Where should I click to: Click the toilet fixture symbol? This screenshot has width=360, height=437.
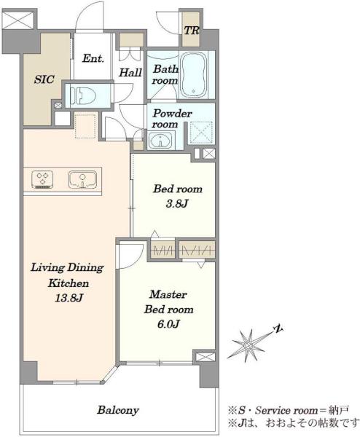coord(83,95)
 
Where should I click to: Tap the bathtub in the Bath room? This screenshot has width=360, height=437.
coord(194,75)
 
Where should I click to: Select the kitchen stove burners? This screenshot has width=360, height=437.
coord(43,179)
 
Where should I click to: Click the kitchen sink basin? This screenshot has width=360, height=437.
coord(82,179)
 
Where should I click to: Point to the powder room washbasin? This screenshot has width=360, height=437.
coord(160,140)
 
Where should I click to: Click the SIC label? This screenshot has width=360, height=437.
coord(44,79)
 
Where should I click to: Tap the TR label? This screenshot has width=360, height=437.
coord(191,31)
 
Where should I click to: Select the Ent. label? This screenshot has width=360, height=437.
coord(93,58)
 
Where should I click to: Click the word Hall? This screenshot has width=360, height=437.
coord(130,73)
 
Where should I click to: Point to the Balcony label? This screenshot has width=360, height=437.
coord(118,410)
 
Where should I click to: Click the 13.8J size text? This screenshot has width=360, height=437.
coord(69,299)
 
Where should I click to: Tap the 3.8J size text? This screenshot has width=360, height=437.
coord(177,204)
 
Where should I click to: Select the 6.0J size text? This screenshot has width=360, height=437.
coord(168,324)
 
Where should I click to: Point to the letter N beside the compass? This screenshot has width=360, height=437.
coord(278,329)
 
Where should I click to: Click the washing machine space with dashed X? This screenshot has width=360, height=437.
coord(201,133)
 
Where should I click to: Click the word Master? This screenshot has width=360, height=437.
coord(168,294)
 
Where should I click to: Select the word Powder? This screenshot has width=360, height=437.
coord(172,114)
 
